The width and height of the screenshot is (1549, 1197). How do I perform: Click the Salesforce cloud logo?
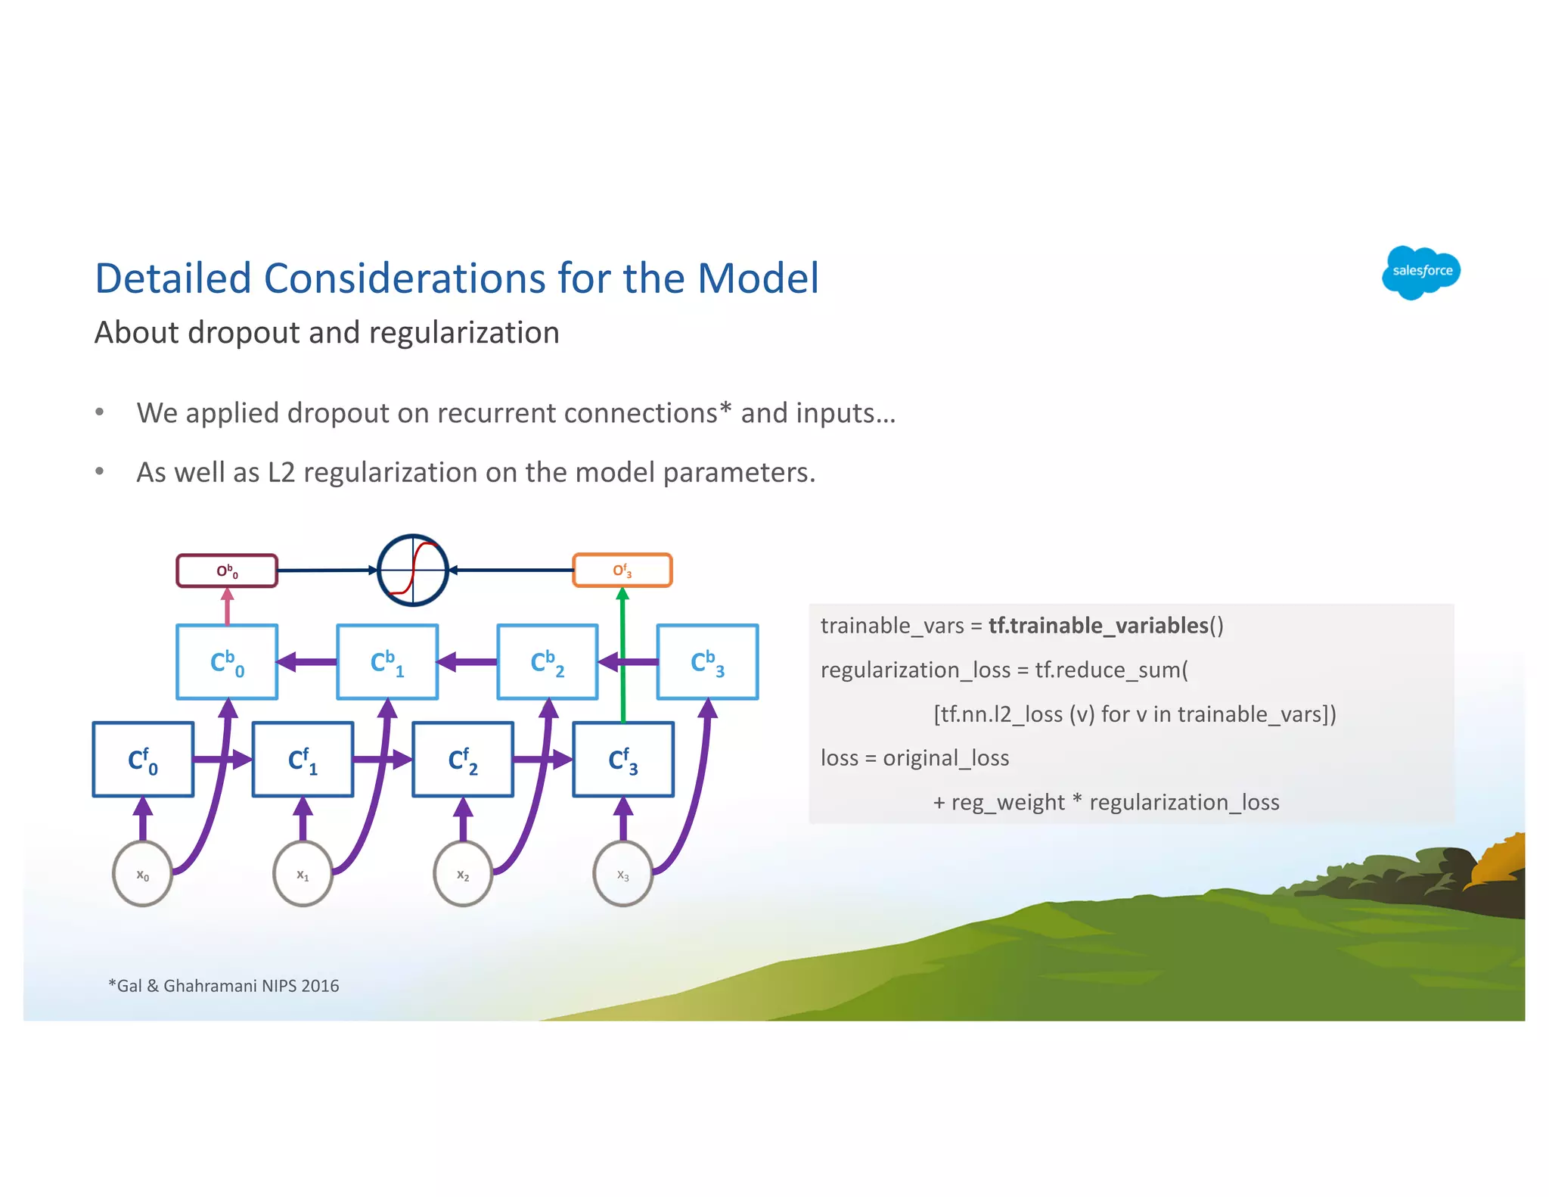(x=1420, y=272)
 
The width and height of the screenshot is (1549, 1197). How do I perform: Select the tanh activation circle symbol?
(x=413, y=571)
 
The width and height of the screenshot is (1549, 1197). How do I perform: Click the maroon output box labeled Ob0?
(x=227, y=571)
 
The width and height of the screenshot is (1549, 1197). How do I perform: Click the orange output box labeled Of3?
(x=622, y=571)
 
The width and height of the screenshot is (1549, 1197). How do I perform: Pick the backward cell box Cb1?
(x=387, y=662)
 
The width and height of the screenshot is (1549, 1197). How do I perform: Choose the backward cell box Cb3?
(x=707, y=662)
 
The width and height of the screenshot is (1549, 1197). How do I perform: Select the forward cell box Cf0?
(x=143, y=760)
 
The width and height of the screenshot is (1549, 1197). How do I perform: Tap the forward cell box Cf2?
(x=463, y=760)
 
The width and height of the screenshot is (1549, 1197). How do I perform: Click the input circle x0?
(x=142, y=875)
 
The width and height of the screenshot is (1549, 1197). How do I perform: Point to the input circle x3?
(x=622, y=875)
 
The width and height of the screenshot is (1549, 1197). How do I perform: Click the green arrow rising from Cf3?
(x=622, y=651)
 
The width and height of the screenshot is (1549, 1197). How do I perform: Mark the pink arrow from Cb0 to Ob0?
(x=227, y=607)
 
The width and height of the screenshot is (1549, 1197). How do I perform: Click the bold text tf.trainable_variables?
(x=1098, y=626)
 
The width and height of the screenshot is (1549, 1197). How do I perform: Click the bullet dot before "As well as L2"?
(x=99, y=472)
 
